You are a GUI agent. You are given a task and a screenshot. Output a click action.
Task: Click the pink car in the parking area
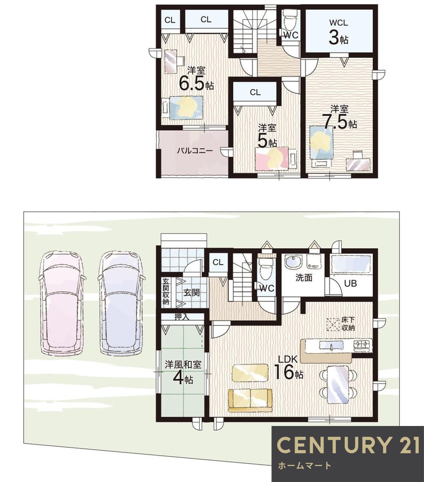tap(62, 303)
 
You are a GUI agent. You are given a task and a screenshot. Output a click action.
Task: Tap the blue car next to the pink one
tap(122, 303)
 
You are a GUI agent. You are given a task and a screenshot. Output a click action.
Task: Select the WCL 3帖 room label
tap(338, 32)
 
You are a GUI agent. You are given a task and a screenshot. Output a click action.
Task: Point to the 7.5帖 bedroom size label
tap(340, 122)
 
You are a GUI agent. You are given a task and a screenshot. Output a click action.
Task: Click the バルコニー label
tap(195, 151)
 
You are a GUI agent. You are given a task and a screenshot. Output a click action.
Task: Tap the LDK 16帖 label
tap(288, 367)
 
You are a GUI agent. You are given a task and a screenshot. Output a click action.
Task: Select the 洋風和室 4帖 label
tap(183, 373)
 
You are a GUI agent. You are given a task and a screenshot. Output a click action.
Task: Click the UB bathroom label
tap(350, 283)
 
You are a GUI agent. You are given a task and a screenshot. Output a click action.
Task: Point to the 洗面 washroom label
tap(304, 277)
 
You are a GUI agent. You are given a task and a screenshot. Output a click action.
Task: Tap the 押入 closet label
tap(182, 317)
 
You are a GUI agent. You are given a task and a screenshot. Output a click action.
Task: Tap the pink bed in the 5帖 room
tap(272, 158)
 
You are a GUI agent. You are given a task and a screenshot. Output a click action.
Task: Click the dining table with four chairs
tap(338, 384)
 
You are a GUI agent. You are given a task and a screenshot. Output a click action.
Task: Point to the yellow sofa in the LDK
tap(250, 400)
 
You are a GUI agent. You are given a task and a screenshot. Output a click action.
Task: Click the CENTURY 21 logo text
tap(348, 445)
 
